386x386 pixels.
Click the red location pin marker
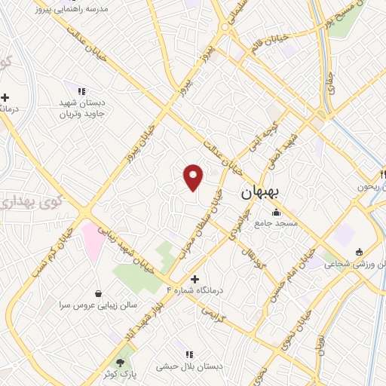pyautogui.click(x=194, y=176)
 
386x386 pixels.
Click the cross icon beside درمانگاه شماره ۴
pyautogui.click(x=195, y=279)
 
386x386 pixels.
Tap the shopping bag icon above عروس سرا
pyautogui.click(x=99, y=293)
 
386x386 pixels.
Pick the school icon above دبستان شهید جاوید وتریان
pyautogui.click(x=81, y=91)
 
